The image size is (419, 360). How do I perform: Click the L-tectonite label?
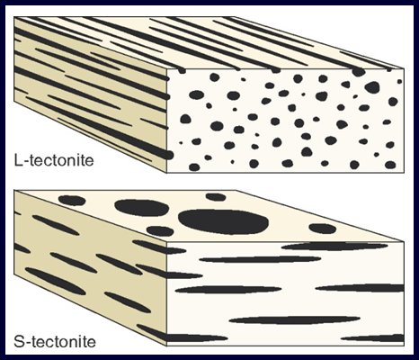coord(54,160)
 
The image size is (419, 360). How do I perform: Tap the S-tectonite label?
coord(55,342)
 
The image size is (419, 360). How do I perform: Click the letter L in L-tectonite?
coord(18,160)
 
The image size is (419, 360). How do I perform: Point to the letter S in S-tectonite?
coord(19,342)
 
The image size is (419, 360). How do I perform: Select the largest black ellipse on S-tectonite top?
coord(223,221)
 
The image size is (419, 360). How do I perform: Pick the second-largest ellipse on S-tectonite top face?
coord(142,207)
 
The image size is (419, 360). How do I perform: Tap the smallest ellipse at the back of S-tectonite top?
coord(216,197)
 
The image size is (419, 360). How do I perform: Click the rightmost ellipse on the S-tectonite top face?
coord(322,229)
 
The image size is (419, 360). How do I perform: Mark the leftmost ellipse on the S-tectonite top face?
coord(72,200)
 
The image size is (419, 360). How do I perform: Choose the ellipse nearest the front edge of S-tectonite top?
coord(160,231)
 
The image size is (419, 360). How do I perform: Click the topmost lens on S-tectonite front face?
coord(334,247)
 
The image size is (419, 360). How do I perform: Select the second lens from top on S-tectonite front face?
coord(260,259)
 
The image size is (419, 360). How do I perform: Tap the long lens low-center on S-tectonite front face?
coord(295,319)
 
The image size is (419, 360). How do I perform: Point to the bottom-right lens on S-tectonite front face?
coord(372,338)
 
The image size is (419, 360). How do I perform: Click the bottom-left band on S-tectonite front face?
coord(197,338)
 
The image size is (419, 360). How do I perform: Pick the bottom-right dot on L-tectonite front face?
coord(390,165)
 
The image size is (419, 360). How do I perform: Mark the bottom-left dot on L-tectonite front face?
coord(194,167)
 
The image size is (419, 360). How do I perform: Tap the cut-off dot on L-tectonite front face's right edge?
coord(399,81)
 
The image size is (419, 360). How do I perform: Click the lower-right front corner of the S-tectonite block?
coord(404,346)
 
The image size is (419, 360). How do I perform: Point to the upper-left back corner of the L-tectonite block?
coord(14,17)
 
